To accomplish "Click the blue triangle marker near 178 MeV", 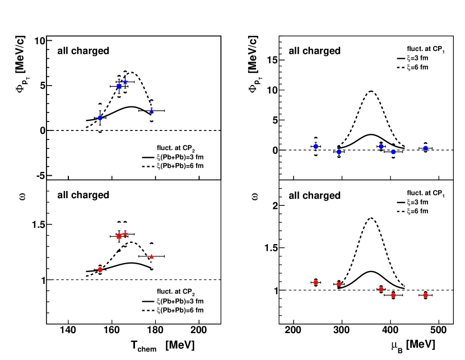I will (x=151, y=111).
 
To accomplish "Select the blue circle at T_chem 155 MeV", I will (x=100, y=118).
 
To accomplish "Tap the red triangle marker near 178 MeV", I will (x=151, y=256).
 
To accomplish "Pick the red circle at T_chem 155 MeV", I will (x=100, y=269).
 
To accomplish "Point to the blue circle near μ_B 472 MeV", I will (x=425, y=148).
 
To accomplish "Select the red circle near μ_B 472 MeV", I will (x=425, y=295).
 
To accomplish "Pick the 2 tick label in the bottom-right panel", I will (x=275, y=206).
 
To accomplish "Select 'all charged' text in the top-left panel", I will (x=83, y=51).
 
